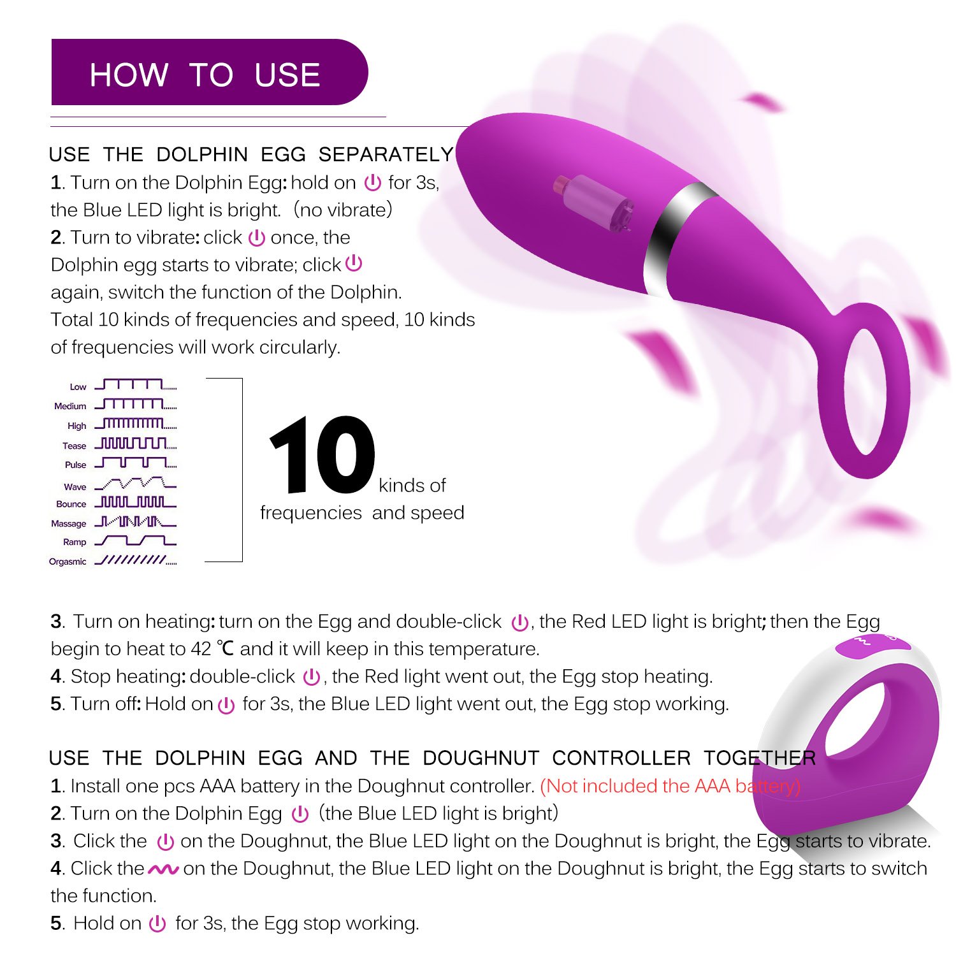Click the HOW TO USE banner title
coord(205,75)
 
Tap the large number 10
coord(322,455)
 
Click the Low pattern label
coord(78,387)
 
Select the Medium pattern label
coord(70,406)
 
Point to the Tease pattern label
coord(74,446)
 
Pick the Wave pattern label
coord(75,487)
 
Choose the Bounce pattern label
coord(71,504)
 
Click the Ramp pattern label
coord(75,542)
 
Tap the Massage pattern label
coord(69,524)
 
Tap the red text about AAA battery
coord(670,786)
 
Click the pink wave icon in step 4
coord(163,869)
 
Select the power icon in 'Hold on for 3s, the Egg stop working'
coord(157,923)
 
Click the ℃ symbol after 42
coord(225,649)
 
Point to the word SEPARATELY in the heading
coord(386,155)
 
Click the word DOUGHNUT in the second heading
coord(481,758)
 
